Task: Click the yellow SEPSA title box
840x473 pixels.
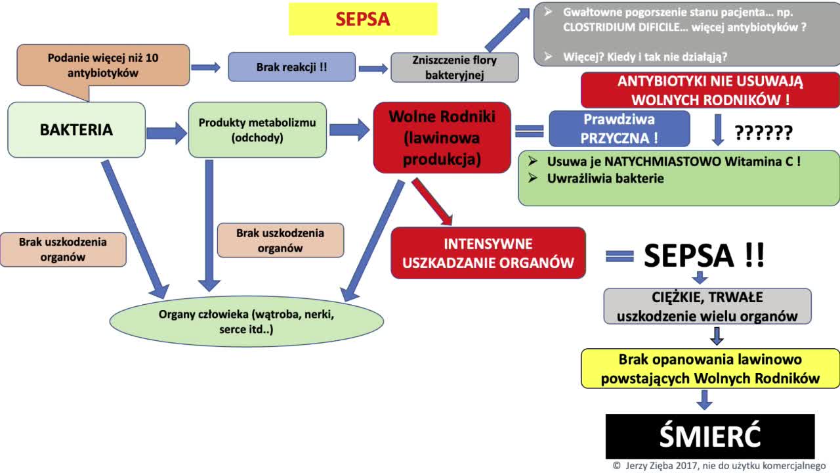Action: [363, 19]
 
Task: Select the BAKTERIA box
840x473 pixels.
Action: [76, 129]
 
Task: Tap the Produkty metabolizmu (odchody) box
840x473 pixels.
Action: [257, 129]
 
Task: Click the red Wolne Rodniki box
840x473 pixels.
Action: [441, 137]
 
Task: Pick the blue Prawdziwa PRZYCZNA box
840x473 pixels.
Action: [619, 128]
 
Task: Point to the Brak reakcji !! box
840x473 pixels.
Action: [291, 67]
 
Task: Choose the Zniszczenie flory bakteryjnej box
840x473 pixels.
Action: [455, 67]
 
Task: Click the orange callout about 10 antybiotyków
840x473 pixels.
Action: [103, 66]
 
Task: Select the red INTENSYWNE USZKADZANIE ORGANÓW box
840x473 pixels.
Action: [488, 253]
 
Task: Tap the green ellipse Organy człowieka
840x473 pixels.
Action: [246, 321]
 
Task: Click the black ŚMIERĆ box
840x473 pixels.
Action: [709, 436]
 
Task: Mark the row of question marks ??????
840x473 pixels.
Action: [763, 133]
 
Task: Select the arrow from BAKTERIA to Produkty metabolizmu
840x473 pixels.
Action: [167, 133]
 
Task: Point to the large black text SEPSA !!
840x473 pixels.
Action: [703, 256]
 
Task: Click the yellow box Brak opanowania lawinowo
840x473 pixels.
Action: [710, 369]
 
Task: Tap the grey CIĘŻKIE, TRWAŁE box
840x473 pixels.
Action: [707, 307]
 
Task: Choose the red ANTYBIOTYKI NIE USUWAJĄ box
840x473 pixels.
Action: [710, 91]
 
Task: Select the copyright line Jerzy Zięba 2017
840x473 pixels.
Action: [719, 466]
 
